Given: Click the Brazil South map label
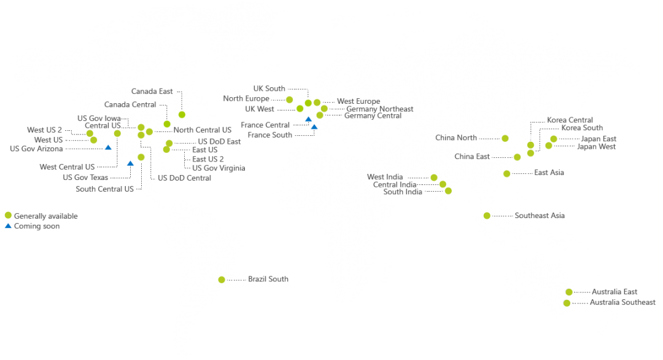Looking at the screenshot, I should (268, 279).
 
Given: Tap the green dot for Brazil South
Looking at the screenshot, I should (222, 280).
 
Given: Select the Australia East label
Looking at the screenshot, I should (615, 292).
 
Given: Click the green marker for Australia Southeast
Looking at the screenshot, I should (567, 303).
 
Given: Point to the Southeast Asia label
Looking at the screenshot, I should (540, 216).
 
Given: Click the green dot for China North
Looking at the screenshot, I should (505, 138).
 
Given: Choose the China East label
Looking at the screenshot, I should (472, 157).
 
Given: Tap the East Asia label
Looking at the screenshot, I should (549, 173).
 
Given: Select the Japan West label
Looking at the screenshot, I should (595, 147).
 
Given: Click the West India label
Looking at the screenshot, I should (385, 177).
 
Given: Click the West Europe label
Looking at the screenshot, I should (359, 101).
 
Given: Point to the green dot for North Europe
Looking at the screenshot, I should (289, 99).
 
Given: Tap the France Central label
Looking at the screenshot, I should (265, 125).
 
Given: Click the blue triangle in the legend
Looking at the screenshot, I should (7, 226).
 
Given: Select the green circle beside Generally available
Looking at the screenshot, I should (7, 215).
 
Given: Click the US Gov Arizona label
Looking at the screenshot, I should (36, 149).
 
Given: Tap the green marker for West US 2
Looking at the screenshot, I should (90, 133).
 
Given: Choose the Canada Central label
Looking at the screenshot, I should (130, 104).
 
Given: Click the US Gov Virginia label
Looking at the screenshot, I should (219, 168).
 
